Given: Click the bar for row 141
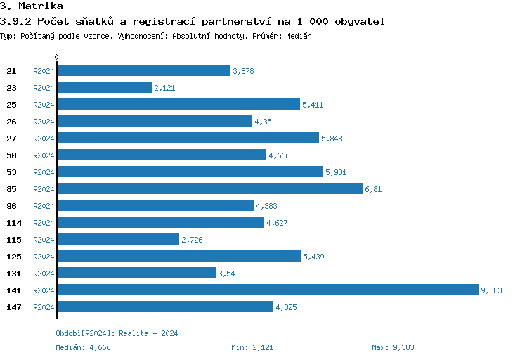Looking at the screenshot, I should [x=267, y=290].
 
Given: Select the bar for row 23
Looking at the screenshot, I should [x=104, y=87].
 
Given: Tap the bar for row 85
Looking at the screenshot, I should [x=209, y=188].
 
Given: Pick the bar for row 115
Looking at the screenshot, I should [x=117, y=239].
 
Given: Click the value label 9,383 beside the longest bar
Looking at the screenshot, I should [x=491, y=290].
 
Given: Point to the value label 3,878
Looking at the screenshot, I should [x=243, y=71].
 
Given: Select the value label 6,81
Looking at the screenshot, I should [x=373, y=189].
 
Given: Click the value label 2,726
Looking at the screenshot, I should [x=193, y=240].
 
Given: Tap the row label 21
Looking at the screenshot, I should [x=11, y=71].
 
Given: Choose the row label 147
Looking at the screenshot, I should [x=13, y=307].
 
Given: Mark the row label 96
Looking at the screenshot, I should [x=11, y=206].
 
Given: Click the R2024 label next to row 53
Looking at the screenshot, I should [x=44, y=172].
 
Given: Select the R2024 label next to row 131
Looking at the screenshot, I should [x=44, y=274].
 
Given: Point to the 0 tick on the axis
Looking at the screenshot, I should [x=57, y=57].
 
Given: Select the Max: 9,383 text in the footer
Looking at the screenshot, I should [x=393, y=347].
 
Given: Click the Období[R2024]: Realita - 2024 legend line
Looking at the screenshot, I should [x=117, y=333].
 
